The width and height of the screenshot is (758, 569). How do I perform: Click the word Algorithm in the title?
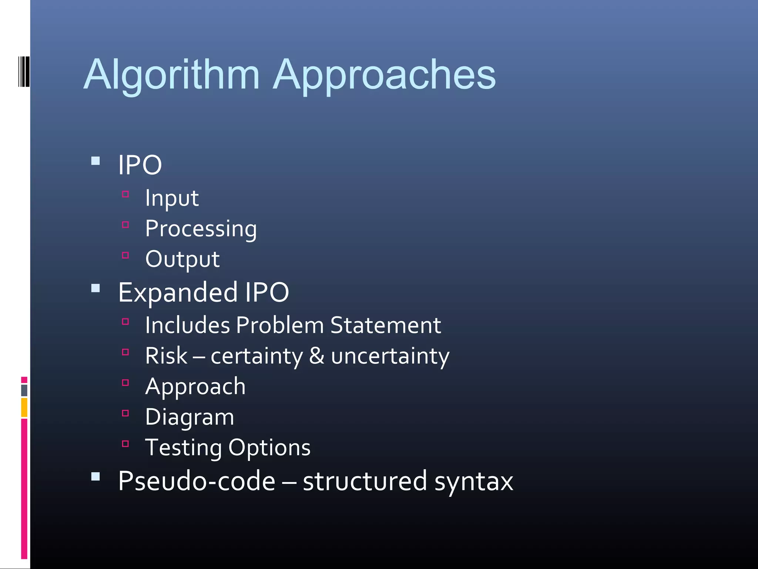tap(172, 75)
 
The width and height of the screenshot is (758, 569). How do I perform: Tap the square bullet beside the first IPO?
tap(95, 161)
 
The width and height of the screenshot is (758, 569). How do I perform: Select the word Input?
tap(172, 198)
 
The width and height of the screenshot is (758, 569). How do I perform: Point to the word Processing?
tap(201, 229)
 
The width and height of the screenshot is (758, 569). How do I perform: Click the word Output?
tap(182, 259)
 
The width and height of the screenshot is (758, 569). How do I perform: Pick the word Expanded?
tap(178, 293)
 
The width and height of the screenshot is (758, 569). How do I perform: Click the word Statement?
tap(385, 325)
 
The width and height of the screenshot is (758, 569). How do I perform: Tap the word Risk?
tap(166, 356)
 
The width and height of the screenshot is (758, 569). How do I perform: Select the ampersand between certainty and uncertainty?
tap(316, 356)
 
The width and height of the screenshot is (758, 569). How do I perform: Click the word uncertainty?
tap(390, 356)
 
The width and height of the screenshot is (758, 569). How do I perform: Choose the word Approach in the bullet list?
tap(195, 387)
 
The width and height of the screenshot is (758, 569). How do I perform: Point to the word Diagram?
tap(189, 417)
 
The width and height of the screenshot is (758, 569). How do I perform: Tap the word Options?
tap(269, 448)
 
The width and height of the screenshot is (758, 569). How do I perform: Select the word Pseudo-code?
tap(197, 481)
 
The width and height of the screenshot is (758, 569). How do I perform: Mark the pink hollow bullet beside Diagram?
tap(125, 413)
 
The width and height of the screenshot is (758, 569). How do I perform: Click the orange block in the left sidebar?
tap(24, 407)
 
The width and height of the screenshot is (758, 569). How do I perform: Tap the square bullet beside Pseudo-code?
tap(95, 476)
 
